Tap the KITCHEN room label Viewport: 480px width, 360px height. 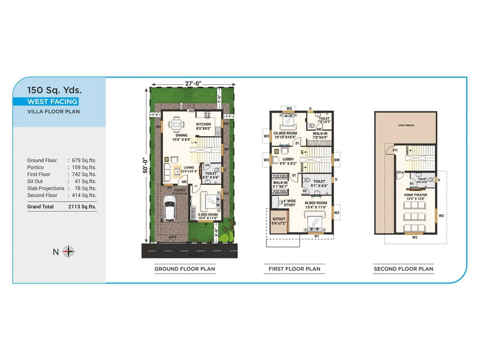point(203,124)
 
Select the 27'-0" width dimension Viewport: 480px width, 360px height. point(193,84)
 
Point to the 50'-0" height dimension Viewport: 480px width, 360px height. point(145,165)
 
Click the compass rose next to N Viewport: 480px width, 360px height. point(68,251)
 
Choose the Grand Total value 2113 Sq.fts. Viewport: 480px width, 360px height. point(82,207)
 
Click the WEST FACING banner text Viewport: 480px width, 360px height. point(52,102)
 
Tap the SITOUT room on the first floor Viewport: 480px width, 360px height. point(279,221)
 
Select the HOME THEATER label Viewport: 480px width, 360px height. point(415,195)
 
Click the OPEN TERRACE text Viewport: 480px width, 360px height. point(406,125)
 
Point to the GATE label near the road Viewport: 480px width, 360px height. point(172,237)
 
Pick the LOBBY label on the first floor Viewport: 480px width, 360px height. point(288,159)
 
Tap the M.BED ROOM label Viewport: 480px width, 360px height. point(316,203)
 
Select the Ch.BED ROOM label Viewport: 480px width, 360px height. point(285,133)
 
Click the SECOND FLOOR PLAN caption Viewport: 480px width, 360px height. point(403,269)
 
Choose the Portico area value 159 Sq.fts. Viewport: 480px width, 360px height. point(84,167)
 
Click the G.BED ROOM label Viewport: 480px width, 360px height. point(208,214)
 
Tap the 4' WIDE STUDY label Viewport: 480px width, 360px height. point(289,203)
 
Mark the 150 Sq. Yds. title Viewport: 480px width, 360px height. point(54,90)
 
